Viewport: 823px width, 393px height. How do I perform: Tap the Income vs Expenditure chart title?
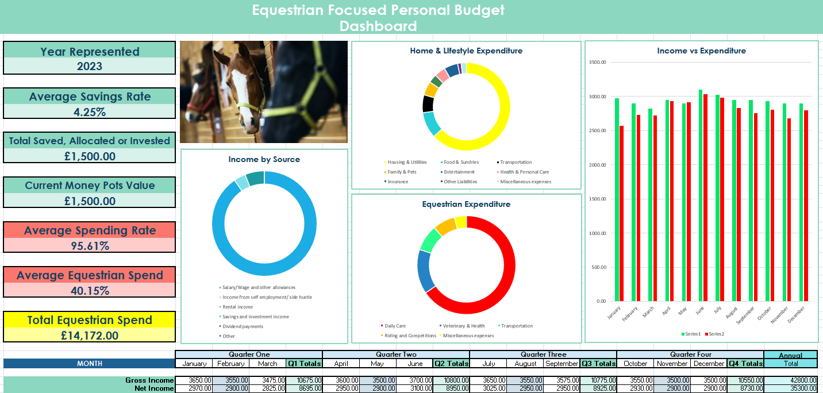point(701,51)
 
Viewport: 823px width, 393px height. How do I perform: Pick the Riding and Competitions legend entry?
point(409,336)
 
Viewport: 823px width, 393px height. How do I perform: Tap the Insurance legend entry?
point(397,182)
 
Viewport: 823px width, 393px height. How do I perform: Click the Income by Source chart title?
point(264,159)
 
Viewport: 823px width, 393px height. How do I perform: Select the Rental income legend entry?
point(237,307)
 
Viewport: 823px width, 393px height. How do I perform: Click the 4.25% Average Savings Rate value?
point(90,112)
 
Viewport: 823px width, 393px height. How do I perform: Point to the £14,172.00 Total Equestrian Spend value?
point(90,336)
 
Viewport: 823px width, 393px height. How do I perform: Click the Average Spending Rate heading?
point(90,230)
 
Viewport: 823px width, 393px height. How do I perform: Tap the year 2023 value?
point(90,66)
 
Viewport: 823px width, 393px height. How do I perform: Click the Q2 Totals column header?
point(451,363)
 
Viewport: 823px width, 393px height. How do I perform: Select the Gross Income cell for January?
point(194,380)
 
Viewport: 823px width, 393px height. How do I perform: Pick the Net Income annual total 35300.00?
point(791,388)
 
